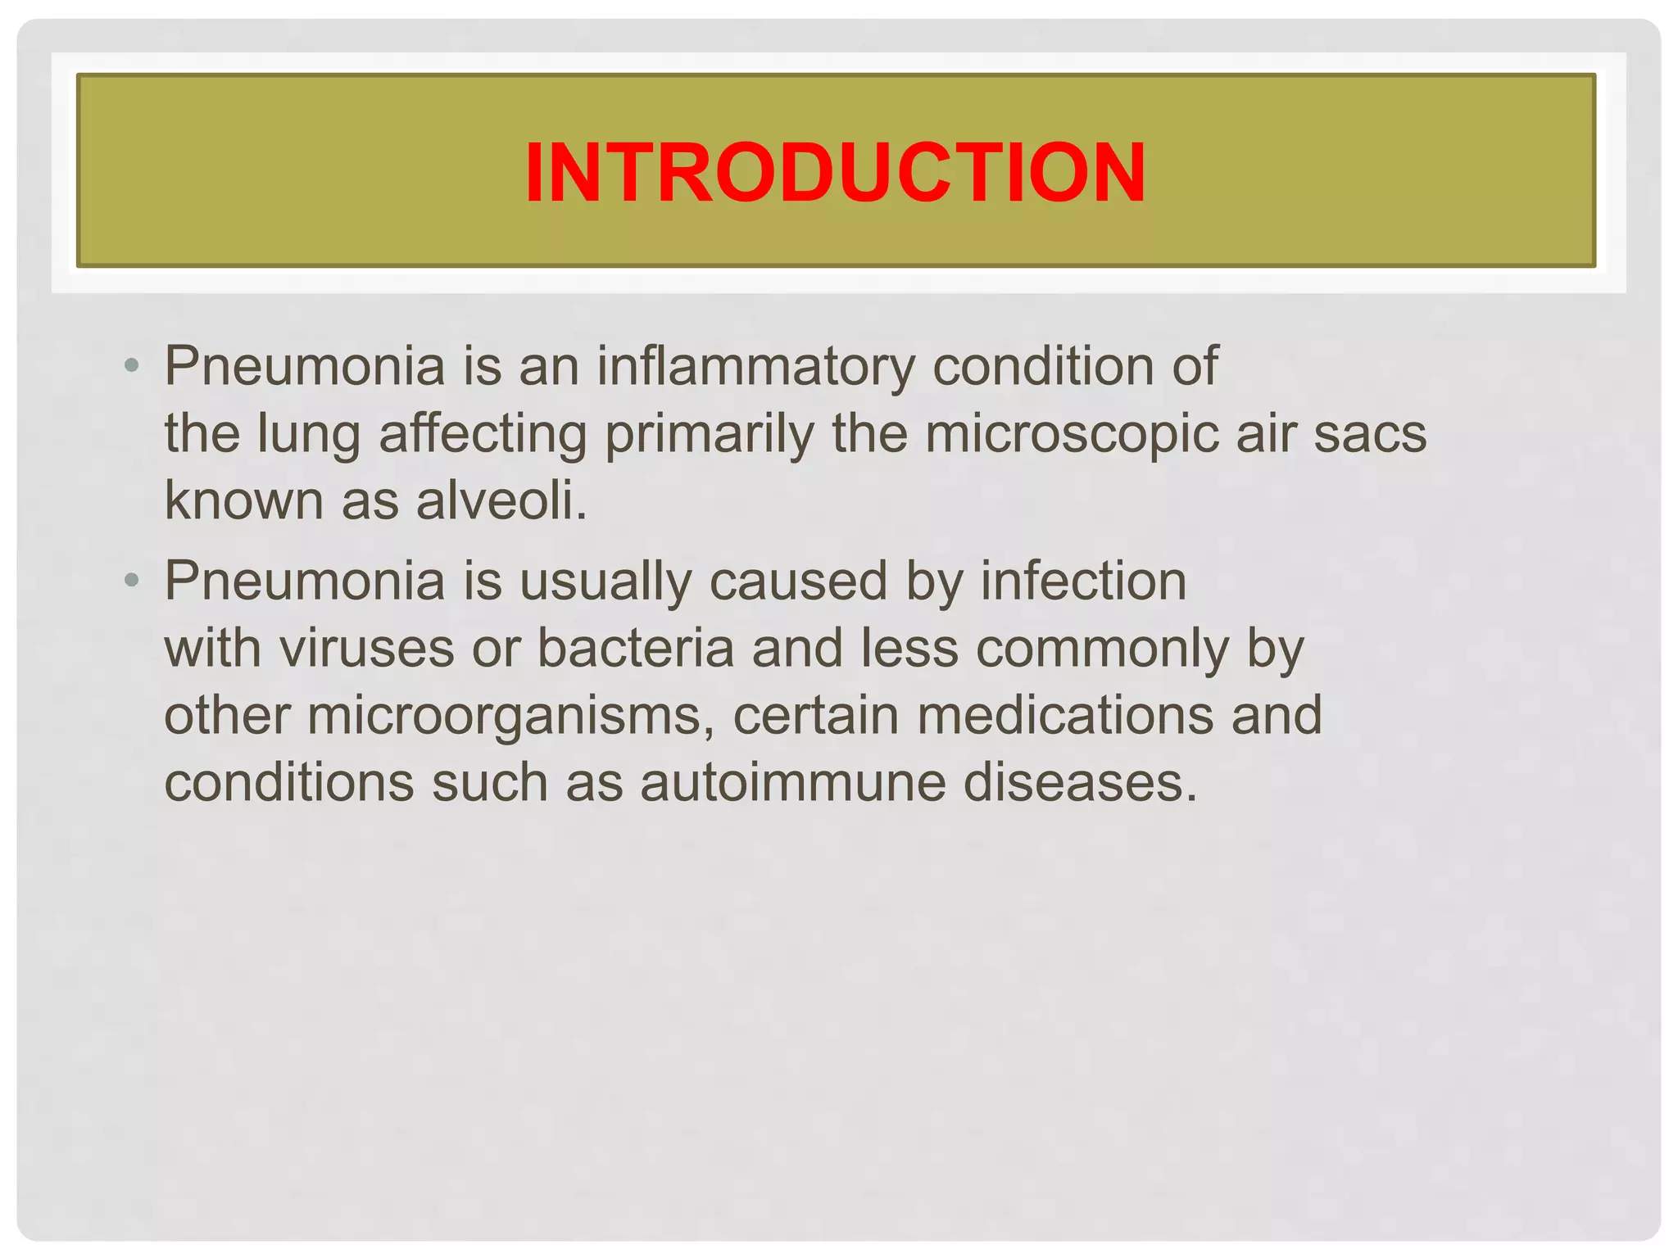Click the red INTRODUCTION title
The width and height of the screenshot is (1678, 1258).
click(835, 172)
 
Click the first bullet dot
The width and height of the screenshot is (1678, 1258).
click(131, 364)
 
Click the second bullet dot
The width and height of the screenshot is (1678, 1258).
click(131, 581)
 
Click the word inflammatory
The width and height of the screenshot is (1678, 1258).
click(755, 366)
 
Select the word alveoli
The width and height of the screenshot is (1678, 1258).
click(501, 500)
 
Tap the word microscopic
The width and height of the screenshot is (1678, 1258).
click(1072, 433)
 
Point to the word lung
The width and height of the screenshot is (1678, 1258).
click(309, 435)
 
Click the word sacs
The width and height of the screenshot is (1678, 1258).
click(1371, 433)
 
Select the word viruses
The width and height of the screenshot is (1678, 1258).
click(366, 648)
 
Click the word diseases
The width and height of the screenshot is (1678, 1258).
click(1080, 782)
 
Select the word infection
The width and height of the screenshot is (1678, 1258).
click(1083, 581)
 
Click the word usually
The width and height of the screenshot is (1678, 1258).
click(605, 582)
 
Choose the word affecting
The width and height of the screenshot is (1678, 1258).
click(483, 435)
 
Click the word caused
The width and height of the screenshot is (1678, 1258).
click(798, 581)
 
